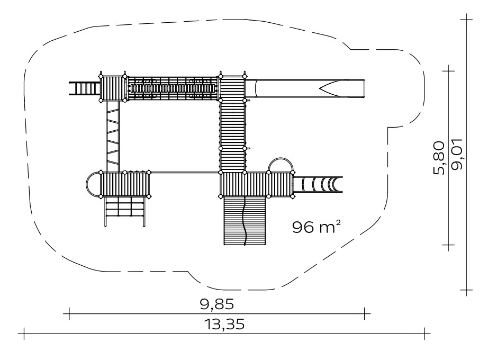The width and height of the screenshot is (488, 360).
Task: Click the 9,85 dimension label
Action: (x=216, y=304)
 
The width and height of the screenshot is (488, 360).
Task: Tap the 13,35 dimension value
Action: (x=224, y=324)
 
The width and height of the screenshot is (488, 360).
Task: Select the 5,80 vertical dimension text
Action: (x=439, y=158)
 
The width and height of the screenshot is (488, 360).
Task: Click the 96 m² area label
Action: (x=316, y=227)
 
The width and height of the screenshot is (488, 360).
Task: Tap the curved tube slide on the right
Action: (x=318, y=184)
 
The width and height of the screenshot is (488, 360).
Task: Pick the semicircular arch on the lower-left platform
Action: (x=87, y=184)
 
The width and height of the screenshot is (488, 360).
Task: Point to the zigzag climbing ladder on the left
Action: (x=112, y=137)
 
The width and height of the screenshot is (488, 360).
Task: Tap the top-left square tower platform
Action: (x=112, y=88)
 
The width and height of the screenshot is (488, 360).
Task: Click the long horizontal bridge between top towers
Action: (x=173, y=88)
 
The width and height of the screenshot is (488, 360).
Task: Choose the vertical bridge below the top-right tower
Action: (x=232, y=136)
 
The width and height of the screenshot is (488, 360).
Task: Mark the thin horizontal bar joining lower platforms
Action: (x=185, y=172)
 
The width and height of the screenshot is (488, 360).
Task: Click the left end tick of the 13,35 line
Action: (x=24, y=334)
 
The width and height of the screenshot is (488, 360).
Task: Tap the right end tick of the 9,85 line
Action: (x=365, y=313)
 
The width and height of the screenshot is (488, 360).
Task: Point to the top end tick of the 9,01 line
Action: (x=466, y=19)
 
